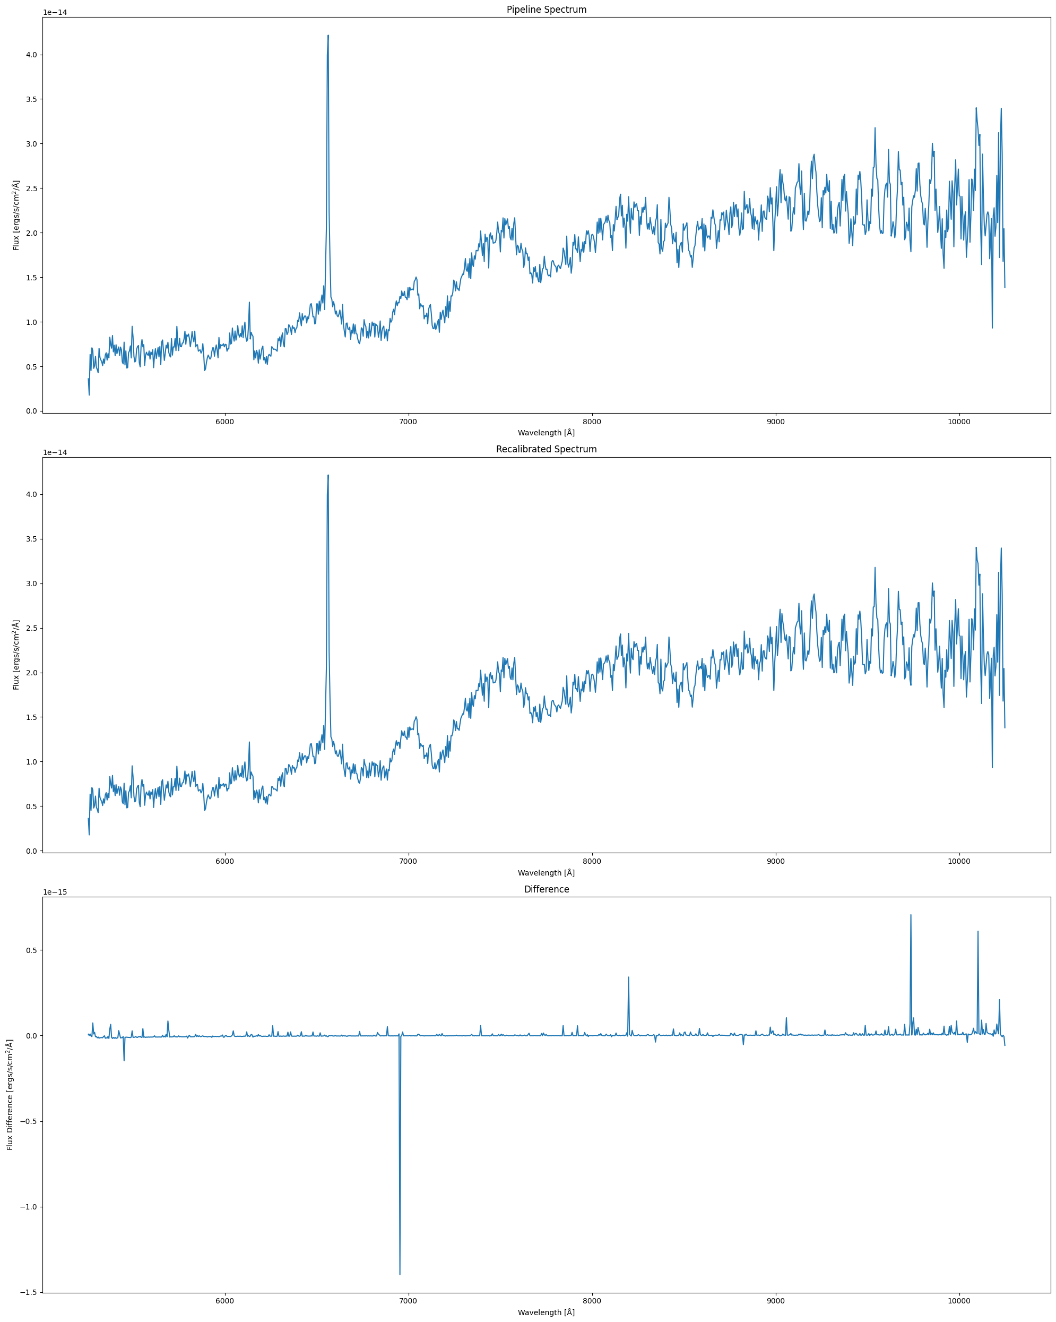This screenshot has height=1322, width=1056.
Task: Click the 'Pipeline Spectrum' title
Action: [x=546, y=10]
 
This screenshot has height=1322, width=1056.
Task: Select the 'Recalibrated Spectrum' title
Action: [x=546, y=450]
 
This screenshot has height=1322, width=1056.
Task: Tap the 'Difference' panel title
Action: [x=546, y=890]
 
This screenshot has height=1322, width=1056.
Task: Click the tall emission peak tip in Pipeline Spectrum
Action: [x=328, y=36]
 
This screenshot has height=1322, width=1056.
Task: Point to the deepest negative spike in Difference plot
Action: [x=400, y=1274]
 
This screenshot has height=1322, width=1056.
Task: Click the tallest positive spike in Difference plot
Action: [x=911, y=915]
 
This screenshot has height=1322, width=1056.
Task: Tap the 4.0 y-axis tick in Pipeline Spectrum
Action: [x=31, y=55]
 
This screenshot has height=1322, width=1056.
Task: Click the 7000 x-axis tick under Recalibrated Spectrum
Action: [x=408, y=862]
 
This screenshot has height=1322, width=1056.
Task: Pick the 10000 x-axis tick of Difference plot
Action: [x=959, y=1301]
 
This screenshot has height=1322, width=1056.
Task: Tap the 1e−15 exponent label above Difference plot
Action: [x=55, y=892]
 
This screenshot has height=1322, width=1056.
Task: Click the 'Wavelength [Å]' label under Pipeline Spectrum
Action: [x=546, y=433]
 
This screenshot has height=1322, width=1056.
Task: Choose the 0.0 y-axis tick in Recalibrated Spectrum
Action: [x=31, y=851]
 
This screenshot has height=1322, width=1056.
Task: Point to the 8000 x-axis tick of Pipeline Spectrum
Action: [x=592, y=422]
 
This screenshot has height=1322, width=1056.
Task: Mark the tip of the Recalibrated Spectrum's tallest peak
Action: [x=328, y=475]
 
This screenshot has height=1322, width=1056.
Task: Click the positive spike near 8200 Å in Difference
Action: [x=628, y=977]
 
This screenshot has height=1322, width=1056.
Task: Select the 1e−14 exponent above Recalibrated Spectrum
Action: [x=55, y=452]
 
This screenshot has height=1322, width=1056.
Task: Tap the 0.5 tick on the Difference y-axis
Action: [x=31, y=950]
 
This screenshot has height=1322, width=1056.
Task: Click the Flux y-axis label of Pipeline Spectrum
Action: [x=16, y=215]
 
